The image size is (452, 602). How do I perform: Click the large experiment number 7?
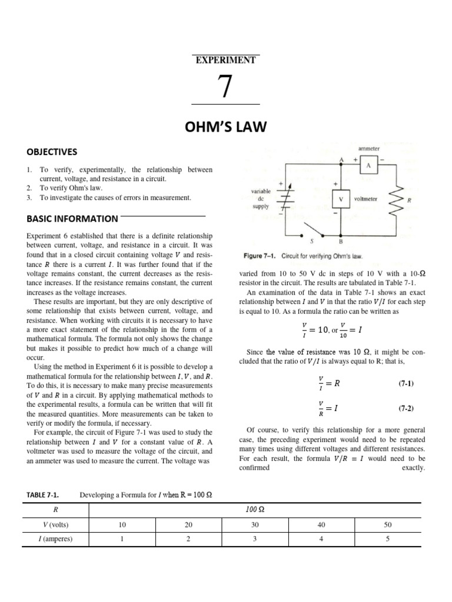225,86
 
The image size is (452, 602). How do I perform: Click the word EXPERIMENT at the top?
226,59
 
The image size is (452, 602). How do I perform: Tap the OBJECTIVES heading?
52,152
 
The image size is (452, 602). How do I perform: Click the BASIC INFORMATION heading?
72,219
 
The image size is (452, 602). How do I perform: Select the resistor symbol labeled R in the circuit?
399,200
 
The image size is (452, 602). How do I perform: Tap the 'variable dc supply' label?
259,199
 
